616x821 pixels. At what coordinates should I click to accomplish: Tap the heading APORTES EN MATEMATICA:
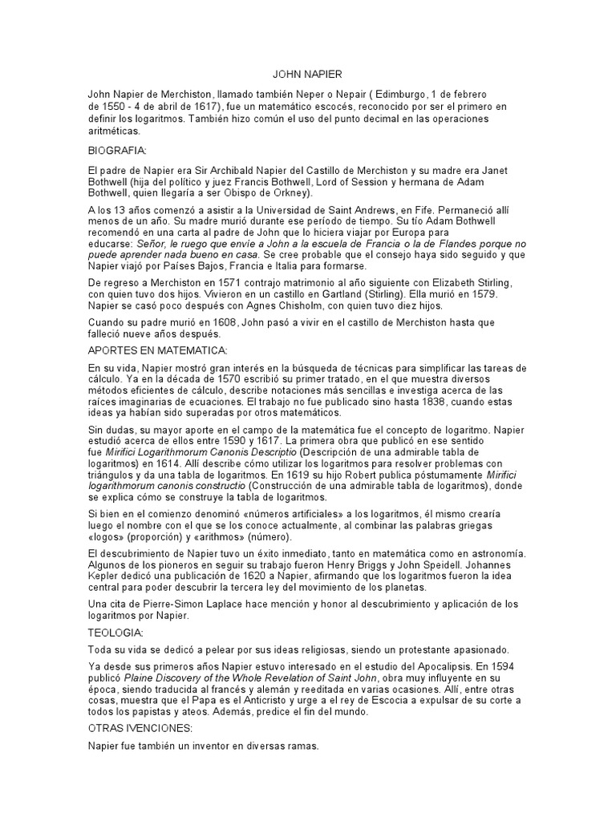tap(158, 350)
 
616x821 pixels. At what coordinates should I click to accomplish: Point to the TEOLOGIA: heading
tap(115, 633)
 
